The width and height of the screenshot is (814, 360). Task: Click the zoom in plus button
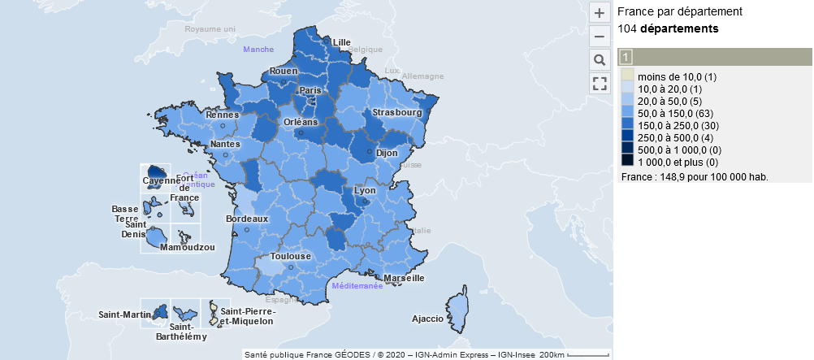599,13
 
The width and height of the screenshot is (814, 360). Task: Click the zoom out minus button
599,37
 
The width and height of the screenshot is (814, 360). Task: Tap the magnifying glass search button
599,60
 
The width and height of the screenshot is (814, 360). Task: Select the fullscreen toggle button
599,83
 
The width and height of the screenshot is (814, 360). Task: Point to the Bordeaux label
247,219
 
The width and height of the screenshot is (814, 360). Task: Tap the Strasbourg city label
397,112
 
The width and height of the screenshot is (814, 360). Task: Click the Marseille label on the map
404,278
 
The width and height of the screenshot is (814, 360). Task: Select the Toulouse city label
291,256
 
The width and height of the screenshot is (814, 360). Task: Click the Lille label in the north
342,42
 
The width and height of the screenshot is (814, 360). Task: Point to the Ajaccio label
428,319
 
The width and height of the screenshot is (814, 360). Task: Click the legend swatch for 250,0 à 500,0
628,138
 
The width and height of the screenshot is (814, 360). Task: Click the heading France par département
680,12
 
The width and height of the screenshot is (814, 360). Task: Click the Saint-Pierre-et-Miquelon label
248,316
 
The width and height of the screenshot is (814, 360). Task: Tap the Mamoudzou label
188,247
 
